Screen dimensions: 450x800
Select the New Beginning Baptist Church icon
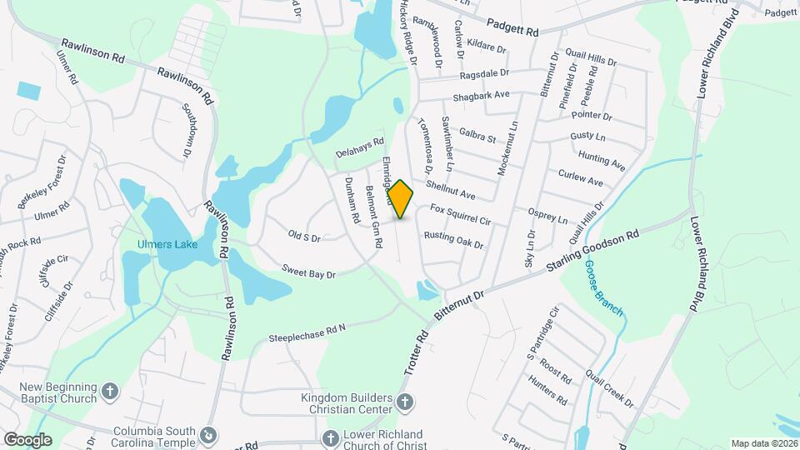pos(109,391)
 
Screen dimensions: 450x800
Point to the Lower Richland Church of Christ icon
pos(331,437)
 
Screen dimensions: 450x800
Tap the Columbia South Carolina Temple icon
pos(208,435)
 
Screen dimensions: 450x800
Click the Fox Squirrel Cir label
pos(460,215)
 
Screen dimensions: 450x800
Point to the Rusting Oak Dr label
pos(453,240)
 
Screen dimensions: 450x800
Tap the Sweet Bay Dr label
pos(308,272)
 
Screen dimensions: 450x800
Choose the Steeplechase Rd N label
pos(307,333)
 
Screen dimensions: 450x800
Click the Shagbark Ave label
pos(481,96)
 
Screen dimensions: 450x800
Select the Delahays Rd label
pos(360,148)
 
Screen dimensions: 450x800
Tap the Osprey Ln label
pos(550,216)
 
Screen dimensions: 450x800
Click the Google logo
pos(27,439)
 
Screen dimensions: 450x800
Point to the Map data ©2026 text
pos(763,443)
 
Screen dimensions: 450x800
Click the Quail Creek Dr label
pos(608,387)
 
